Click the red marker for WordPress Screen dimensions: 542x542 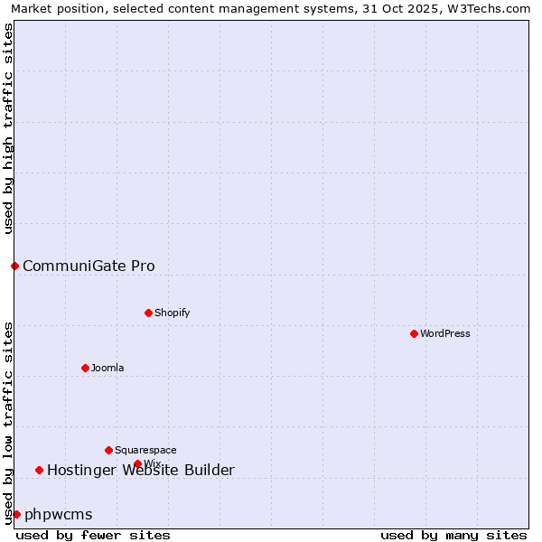pos(415,333)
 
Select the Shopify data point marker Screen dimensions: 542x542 pos(149,313)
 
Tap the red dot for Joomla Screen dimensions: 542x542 pos(86,368)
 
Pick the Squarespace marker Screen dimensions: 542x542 pos(109,450)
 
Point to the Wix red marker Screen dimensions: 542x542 pos(137,463)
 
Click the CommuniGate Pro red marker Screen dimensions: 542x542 pos(14,266)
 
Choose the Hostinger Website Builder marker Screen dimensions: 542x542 pos(39,470)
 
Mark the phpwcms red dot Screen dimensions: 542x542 pos(16,514)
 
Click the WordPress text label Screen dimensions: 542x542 pos(445,333)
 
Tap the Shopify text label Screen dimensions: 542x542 pos(172,313)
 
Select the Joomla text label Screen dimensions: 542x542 pos(107,368)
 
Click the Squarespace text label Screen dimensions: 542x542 pos(145,450)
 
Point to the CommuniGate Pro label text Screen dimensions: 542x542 pos(89,266)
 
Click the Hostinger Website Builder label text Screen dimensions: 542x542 pos(141,470)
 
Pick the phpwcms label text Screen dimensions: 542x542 pos(59,514)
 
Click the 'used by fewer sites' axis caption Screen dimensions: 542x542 pos(93,535)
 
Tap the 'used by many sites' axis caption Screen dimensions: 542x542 pos(453,535)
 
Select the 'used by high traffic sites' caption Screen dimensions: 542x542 pos(8,128)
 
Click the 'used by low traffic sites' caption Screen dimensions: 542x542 pos(8,423)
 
